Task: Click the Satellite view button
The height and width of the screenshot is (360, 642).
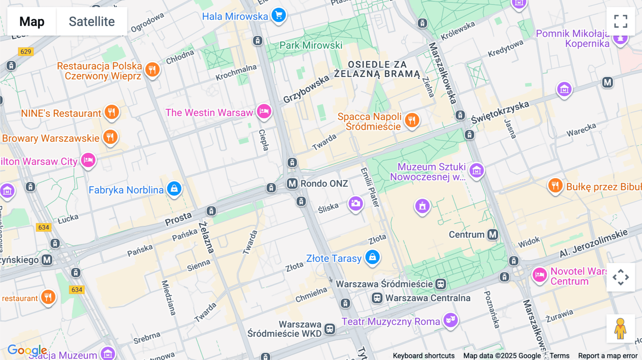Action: (92, 21)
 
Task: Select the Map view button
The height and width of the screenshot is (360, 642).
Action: (32, 21)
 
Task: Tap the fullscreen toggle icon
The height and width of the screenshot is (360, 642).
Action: (621, 21)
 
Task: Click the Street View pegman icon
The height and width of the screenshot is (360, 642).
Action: (620, 329)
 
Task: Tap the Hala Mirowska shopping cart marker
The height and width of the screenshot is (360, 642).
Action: (279, 15)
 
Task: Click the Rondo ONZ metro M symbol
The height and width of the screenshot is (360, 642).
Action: (292, 184)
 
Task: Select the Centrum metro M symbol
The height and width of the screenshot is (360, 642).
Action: (493, 235)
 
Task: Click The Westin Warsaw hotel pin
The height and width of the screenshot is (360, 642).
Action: (264, 111)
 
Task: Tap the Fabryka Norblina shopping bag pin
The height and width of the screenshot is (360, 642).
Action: (174, 189)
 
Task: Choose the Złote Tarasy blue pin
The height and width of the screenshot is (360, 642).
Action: (372, 257)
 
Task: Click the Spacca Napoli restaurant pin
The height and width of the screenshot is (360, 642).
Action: (412, 120)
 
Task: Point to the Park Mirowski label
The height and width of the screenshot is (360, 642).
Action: (311, 45)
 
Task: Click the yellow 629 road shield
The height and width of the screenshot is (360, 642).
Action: (26, 52)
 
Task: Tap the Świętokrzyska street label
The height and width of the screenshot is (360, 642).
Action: (500, 112)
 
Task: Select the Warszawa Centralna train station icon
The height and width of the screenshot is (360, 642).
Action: (377, 298)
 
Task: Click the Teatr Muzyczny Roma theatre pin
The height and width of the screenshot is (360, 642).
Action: (450, 320)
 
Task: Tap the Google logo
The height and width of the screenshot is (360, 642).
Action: (27, 350)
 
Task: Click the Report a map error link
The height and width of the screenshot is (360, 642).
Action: (608, 356)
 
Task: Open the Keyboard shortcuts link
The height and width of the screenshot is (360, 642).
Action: (423, 356)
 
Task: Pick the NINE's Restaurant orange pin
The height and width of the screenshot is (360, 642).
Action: (112, 112)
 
